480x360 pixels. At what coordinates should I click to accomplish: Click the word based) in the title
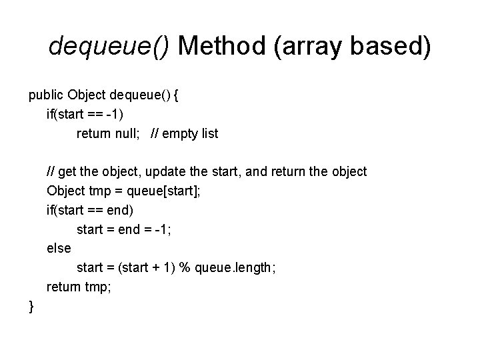397,46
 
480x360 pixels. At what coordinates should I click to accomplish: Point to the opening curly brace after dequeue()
175,95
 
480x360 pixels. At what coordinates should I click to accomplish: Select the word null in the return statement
127,134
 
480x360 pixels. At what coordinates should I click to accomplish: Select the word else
58,248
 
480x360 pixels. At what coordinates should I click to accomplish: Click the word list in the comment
209,134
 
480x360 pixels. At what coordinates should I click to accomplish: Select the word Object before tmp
65,191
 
